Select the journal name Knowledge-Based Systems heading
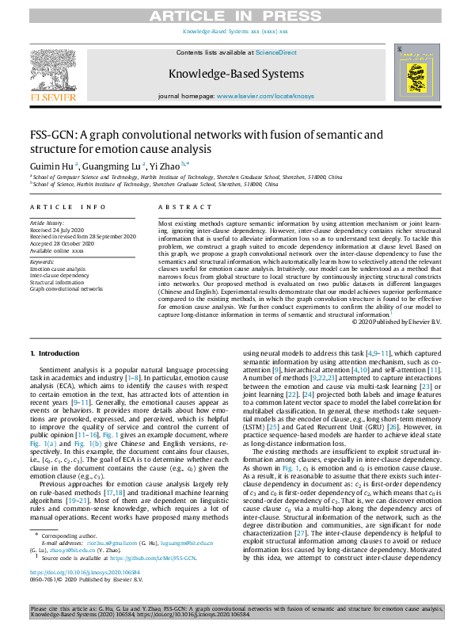point(235,74)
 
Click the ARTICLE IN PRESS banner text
point(235,14)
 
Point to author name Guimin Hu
point(51,166)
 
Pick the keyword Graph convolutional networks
point(66,289)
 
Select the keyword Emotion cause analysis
point(58,269)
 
